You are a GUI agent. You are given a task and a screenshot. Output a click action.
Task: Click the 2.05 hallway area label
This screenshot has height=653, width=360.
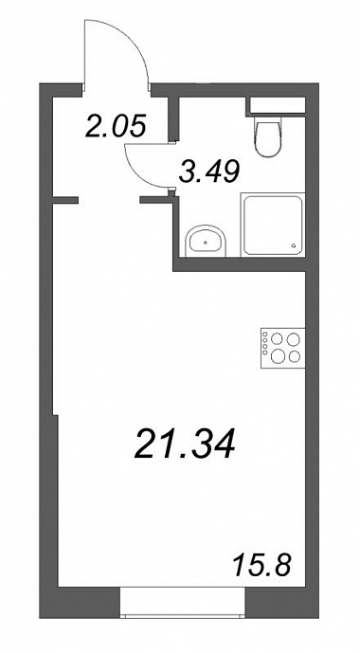tap(116, 126)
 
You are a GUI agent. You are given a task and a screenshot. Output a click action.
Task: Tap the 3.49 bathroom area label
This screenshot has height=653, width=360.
tap(209, 172)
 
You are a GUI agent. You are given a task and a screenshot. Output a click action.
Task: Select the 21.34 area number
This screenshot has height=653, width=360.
tap(185, 444)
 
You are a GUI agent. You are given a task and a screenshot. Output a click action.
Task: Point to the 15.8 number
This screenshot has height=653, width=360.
tap(261, 565)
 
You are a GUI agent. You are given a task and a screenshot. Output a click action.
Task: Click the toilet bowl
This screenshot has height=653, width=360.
tap(267, 139)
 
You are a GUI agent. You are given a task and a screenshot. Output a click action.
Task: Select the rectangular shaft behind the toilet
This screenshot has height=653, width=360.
tap(276, 106)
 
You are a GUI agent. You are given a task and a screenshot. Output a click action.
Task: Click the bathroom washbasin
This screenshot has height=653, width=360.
tap(206, 241)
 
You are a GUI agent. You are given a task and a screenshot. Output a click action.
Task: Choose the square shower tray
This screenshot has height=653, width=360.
tap(273, 224)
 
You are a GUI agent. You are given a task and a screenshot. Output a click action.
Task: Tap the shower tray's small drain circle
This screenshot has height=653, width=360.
tap(295, 245)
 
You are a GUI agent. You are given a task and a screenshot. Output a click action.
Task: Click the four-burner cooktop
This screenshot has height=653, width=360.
tap(283, 348)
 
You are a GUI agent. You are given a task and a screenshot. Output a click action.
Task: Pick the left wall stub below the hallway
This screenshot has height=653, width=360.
tap(65, 200)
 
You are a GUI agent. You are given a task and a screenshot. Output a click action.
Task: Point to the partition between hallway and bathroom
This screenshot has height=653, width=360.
tap(173, 118)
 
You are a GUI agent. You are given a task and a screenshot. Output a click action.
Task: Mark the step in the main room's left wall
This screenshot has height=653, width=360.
tap(55, 415)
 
